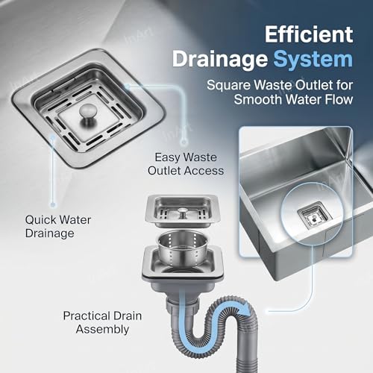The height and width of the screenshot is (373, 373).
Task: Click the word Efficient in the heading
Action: pyautogui.click(x=309, y=34)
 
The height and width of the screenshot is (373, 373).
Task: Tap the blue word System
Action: pyautogui.click(x=313, y=59)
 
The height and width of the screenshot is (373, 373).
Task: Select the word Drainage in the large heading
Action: pyautogui.click(x=220, y=60)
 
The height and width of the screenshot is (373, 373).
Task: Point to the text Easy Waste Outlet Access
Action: pyautogui.click(x=186, y=164)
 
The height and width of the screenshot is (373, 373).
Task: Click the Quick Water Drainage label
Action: pyautogui.click(x=58, y=227)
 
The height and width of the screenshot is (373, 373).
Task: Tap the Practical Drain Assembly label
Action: pyautogui.click(x=102, y=322)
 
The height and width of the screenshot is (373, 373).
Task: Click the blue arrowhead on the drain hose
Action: pyautogui.click(x=245, y=310)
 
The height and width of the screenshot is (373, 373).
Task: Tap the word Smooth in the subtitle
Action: pyautogui.click(x=258, y=99)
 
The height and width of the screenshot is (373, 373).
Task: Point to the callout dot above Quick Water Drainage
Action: pyautogui.click(x=52, y=204)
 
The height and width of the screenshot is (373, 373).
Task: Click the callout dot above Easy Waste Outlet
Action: pyautogui.click(x=184, y=142)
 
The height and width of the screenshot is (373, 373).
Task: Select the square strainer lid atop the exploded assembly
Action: pyautogui.click(x=182, y=211)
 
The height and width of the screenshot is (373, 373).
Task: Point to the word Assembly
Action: pyautogui.click(x=102, y=330)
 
